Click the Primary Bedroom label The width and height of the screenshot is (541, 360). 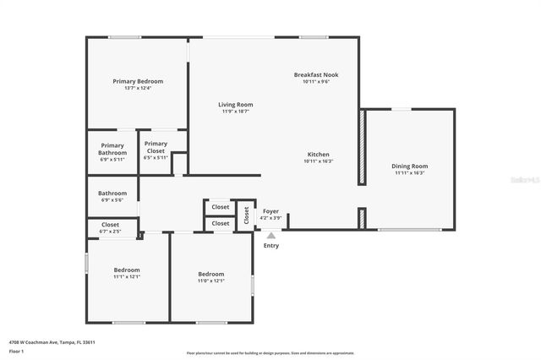(138, 81)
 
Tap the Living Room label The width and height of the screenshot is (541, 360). (237, 105)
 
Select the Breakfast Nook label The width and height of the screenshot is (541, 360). (316, 75)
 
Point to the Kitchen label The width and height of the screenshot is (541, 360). (318, 155)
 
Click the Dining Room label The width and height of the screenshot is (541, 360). (409, 166)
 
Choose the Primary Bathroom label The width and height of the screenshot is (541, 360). (112, 148)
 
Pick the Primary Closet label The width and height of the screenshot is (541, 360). (156, 148)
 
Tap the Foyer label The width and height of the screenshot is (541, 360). (270, 211)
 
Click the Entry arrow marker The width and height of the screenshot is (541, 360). (270, 236)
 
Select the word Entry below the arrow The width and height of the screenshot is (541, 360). (270, 246)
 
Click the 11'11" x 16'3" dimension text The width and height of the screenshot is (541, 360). (409, 173)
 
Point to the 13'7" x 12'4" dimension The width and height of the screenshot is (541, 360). (138, 88)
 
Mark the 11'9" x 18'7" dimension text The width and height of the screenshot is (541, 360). (237, 112)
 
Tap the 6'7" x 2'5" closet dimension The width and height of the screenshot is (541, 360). (111, 232)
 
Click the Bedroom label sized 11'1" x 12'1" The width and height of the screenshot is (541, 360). (127, 270)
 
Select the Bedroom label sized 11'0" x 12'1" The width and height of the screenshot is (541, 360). (211, 274)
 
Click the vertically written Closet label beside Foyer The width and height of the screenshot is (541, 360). (246, 215)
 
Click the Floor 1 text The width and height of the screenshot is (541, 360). (16, 351)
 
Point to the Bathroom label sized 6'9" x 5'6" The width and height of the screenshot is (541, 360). (112, 194)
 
